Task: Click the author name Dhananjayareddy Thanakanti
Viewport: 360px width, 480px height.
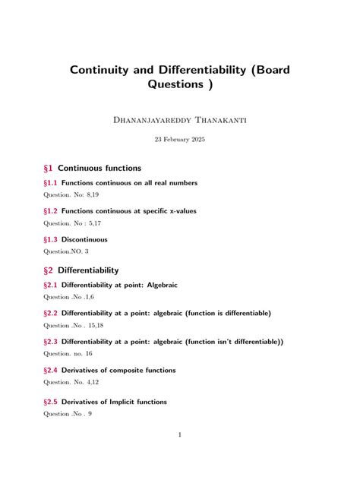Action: click(x=179, y=118)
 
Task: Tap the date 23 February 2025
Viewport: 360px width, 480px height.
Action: click(x=179, y=140)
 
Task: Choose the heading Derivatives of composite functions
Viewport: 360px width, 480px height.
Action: click(x=129, y=370)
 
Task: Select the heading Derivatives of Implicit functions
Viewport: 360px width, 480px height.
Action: click(x=125, y=402)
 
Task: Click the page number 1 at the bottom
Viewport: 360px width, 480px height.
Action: click(x=179, y=435)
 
